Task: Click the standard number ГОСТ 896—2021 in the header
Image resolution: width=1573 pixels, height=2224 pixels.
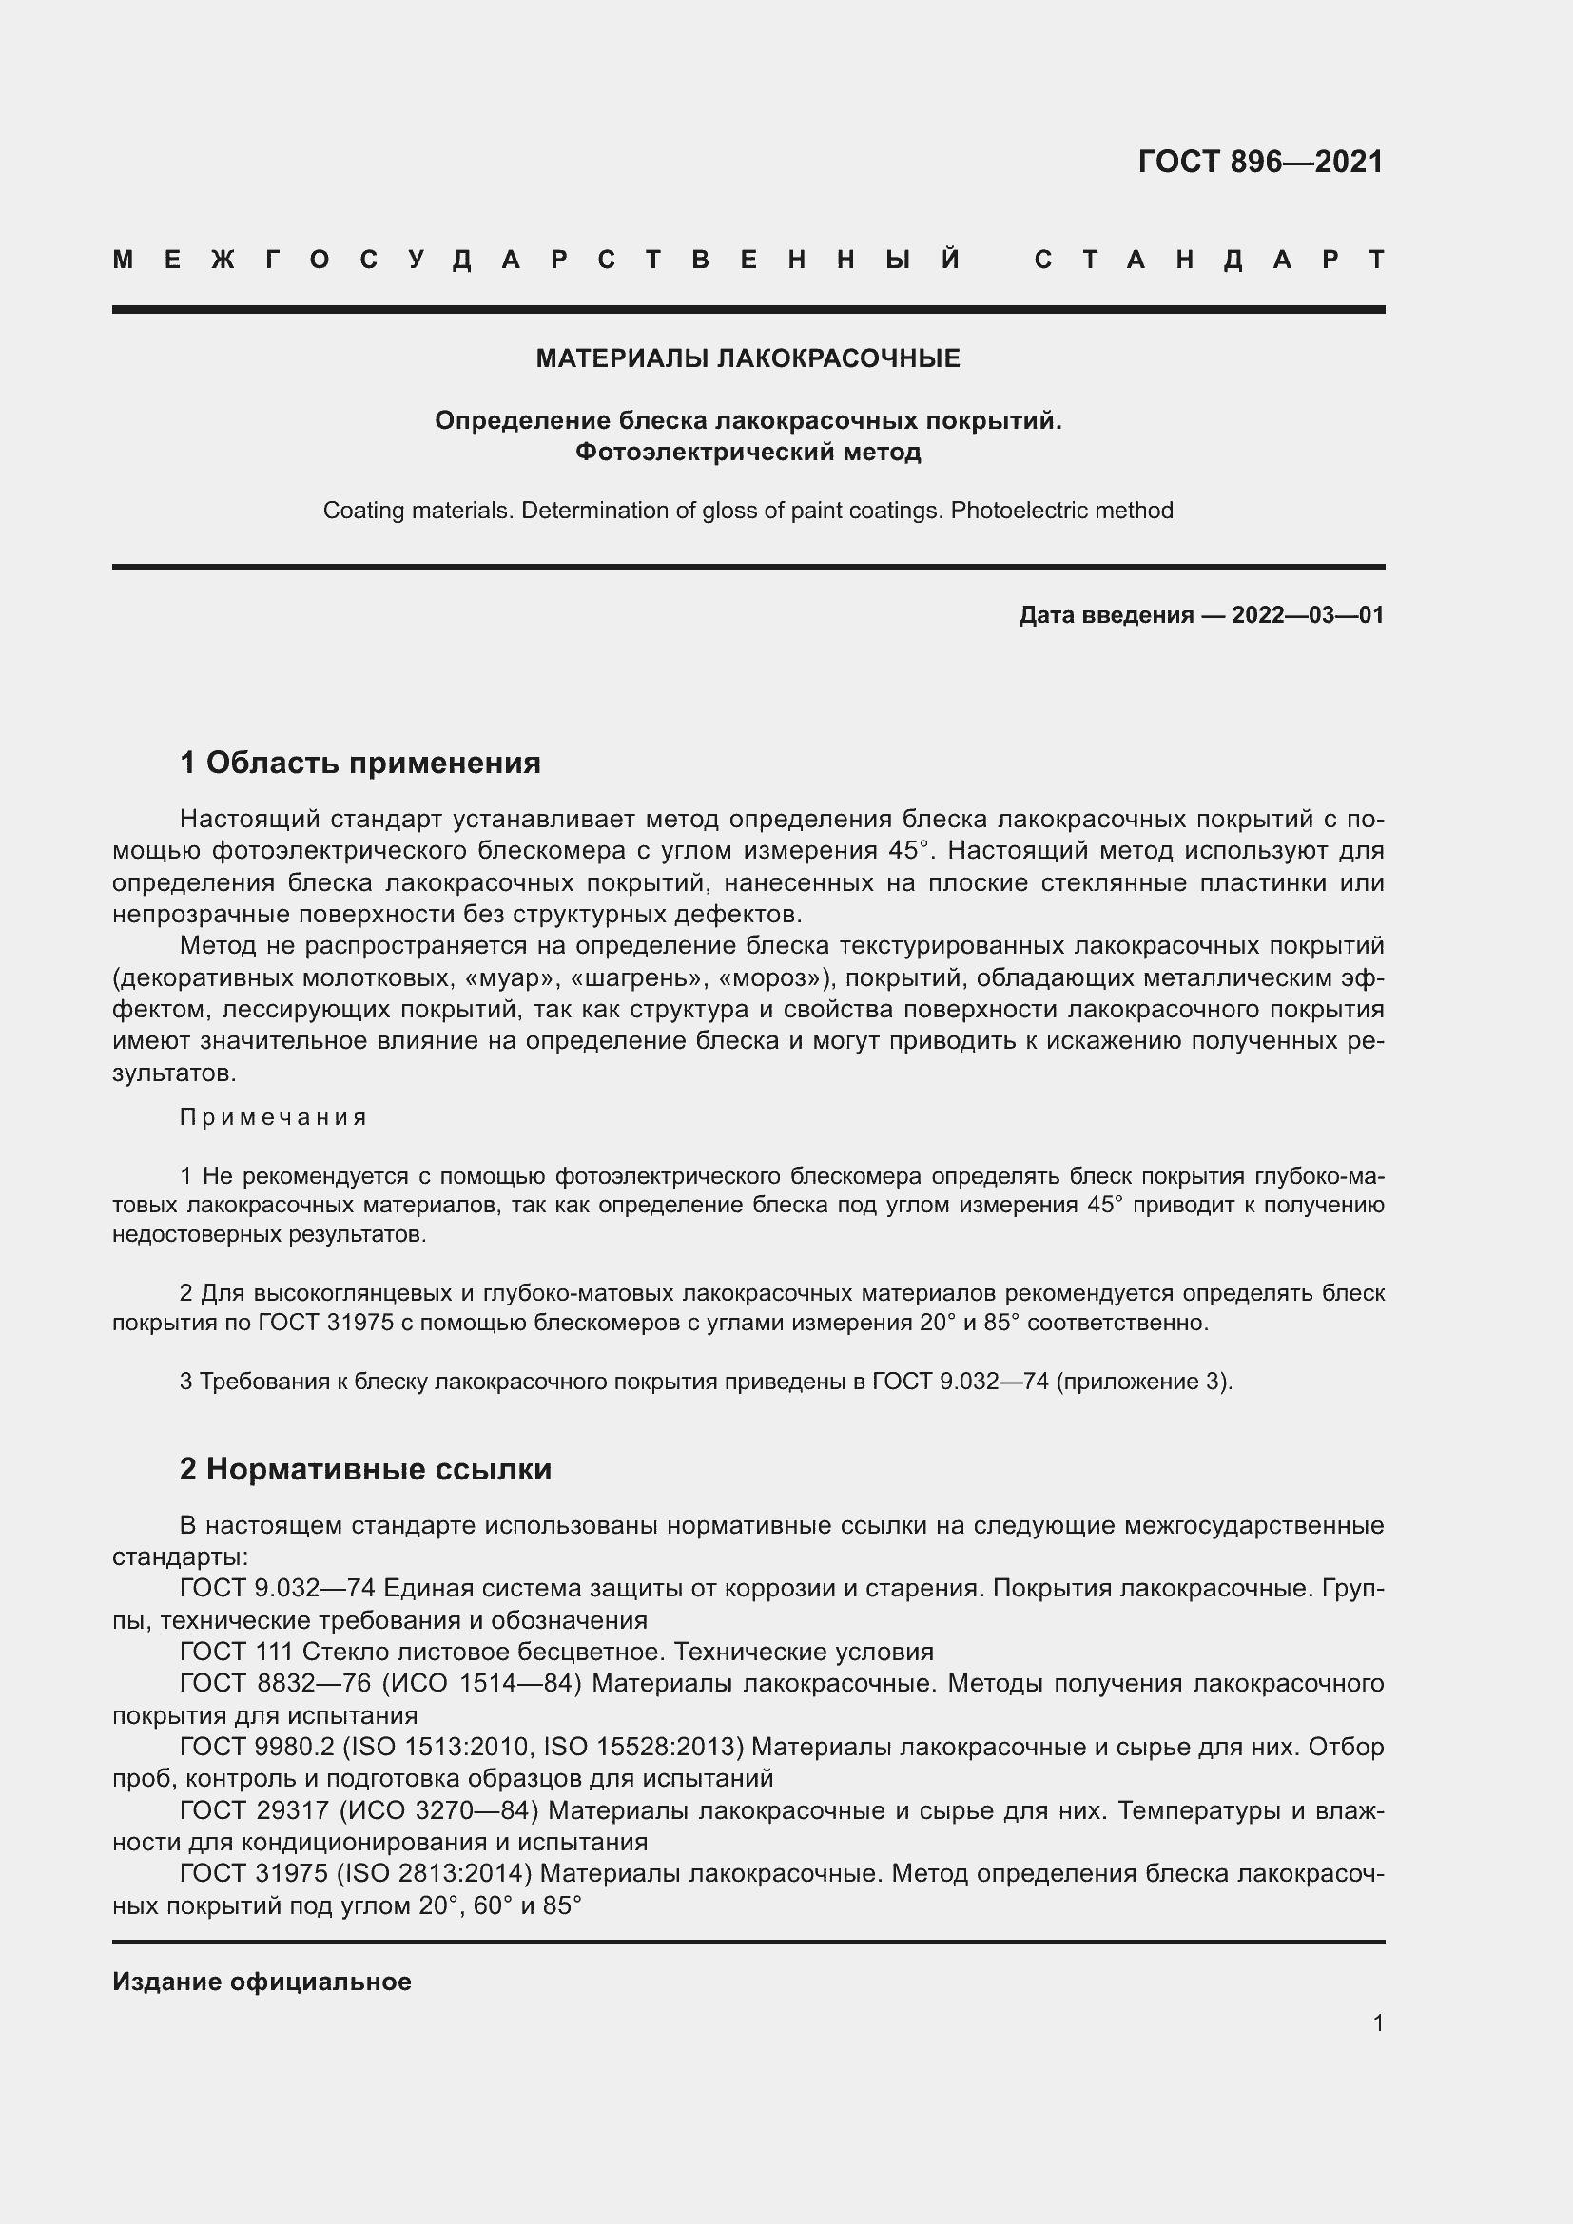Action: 1260,161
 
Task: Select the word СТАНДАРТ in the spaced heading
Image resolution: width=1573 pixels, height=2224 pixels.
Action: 1209,260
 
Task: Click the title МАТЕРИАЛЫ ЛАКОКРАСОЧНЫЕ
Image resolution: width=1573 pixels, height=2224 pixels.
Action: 748,358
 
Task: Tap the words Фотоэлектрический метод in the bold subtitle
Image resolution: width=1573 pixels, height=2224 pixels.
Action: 748,453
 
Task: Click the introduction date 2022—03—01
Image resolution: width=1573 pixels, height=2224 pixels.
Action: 1308,615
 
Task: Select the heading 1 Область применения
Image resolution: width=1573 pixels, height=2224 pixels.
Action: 359,763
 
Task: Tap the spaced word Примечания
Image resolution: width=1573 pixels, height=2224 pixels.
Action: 273,1117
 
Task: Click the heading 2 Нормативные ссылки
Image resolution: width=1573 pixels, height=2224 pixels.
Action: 365,1468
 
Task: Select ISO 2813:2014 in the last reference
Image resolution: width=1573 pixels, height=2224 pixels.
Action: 434,1873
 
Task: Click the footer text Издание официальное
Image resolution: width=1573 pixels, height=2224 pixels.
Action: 262,1982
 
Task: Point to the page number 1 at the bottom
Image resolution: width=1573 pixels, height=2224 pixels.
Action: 1377,2022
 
